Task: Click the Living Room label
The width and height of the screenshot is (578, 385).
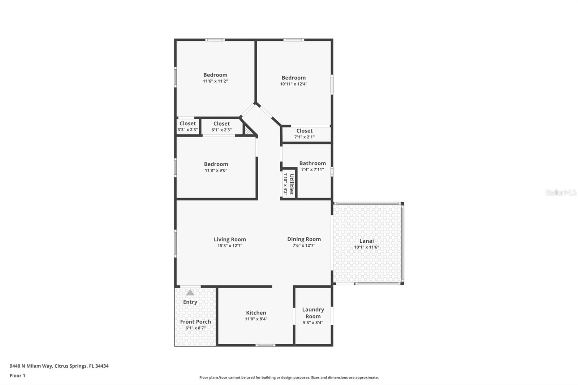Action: tap(230, 239)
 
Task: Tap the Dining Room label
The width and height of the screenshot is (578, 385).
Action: tap(304, 239)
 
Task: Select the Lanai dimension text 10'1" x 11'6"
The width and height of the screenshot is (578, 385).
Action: tap(366, 247)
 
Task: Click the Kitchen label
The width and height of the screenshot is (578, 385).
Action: tap(256, 313)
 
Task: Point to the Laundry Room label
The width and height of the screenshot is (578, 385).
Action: tap(313, 313)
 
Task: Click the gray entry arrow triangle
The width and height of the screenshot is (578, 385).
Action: tap(190, 293)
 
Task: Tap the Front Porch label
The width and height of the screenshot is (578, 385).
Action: tap(195, 322)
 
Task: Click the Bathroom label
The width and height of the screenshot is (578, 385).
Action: tap(312, 163)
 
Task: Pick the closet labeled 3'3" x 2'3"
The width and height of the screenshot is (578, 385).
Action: tap(187, 126)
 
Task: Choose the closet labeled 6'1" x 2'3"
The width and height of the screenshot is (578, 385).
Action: tap(221, 126)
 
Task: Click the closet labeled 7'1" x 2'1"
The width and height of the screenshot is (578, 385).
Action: tap(305, 134)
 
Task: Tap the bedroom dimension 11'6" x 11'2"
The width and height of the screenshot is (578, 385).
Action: tap(215, 81)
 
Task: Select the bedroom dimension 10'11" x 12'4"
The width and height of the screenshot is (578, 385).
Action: tap(294, 84)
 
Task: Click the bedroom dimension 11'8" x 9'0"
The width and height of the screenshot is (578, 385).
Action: tap(216, 170)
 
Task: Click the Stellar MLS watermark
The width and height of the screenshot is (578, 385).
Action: tap(561, 193)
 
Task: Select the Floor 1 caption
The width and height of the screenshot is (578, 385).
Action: tap(17, 376)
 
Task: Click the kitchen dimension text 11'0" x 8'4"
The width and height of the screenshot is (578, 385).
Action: tap(256, 319)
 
